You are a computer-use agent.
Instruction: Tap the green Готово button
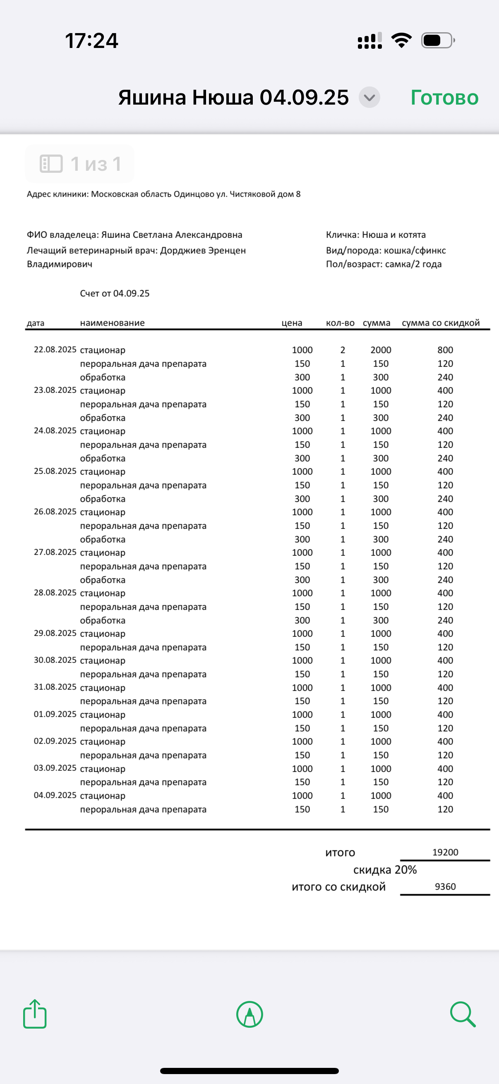444,98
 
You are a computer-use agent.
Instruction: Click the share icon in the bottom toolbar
35,1014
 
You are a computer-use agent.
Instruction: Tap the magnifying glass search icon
462,1014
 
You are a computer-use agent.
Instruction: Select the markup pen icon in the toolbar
250,1014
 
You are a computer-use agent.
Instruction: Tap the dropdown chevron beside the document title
369,98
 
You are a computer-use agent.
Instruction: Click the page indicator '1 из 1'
80,164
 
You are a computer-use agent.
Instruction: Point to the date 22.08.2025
55,350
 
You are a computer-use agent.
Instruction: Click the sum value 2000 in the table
381,350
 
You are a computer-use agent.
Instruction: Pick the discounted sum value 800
445,350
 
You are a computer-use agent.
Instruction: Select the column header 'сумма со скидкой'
441,323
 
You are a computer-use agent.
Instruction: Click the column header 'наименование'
113,323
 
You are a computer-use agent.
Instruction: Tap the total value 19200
445,852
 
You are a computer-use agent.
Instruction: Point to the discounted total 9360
445,887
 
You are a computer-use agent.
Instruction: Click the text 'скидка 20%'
385,870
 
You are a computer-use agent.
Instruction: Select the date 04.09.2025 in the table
55,795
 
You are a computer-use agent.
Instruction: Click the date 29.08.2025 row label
55,633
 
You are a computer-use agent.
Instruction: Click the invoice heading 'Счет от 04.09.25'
115,293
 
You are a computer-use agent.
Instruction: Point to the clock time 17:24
91,41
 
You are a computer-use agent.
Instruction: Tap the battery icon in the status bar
437,41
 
